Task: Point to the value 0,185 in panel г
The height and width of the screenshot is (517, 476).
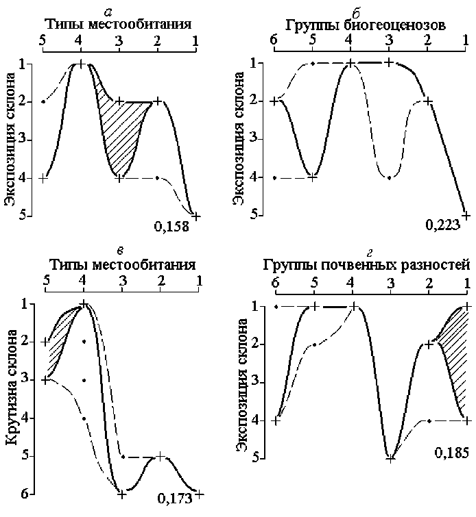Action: pos(451,453)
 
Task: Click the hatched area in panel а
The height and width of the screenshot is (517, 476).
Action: pos(123,130)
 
